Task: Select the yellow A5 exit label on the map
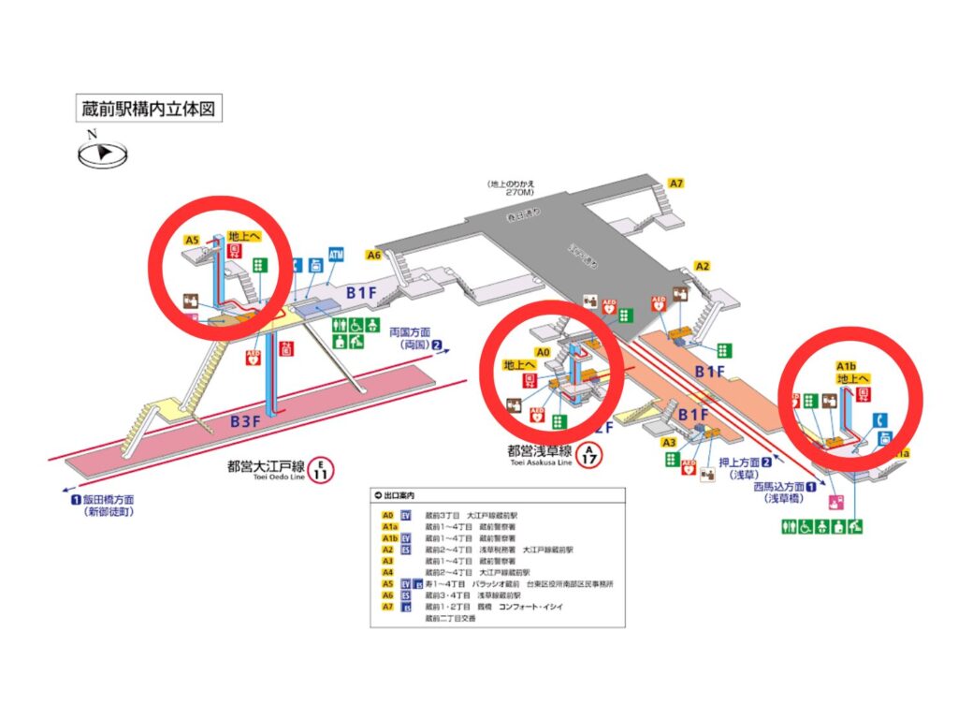click(x=192, y=240)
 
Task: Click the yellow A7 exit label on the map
click(x=676, y=183)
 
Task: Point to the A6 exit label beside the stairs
click(x=373, y=255)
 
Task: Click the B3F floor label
click(x=245, y=421)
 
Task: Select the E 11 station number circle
click(x=321, y=468)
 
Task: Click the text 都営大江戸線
click(x=266, y=464)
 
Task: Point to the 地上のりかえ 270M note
click(x=511, y=187)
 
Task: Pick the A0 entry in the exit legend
click(x=387, y=514)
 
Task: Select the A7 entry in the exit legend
click(x=387, y=606)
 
